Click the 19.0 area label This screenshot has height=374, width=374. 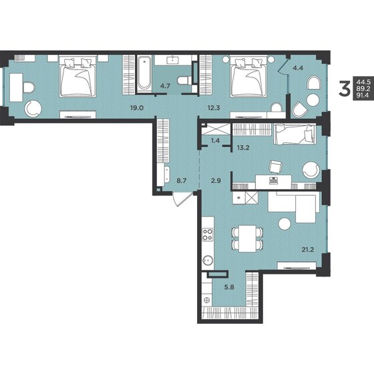(x=137, y=108)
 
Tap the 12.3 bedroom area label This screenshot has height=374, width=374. (x=214, y=108)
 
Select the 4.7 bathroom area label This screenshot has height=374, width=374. (x=165, y=86)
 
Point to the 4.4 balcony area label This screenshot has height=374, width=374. (x=298, y=68)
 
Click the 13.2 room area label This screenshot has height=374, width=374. (x=243, y=148)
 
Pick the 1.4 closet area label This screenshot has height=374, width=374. (x=215, y=140)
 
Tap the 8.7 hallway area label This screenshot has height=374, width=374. (x=181, y=180)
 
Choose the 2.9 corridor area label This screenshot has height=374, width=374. (x=216, y=180)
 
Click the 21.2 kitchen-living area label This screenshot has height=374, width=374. (x=307, y=250)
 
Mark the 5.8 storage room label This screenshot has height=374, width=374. (x=229, y=287)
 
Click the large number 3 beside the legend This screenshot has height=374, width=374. (x=344, y=88)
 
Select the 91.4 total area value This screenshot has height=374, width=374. (x=362, y=96)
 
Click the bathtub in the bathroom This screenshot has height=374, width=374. (x=144, y=73)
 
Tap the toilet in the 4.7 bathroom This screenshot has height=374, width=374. (x=184, y=80)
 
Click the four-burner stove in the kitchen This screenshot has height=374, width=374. (x=208, y=234)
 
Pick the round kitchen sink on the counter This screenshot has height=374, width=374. (x=208, y=260)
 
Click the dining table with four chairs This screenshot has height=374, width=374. (x=247, y=238)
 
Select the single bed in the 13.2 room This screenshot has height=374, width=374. (x=295, y=134)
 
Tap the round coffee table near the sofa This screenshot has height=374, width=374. (x=285, y=224)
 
